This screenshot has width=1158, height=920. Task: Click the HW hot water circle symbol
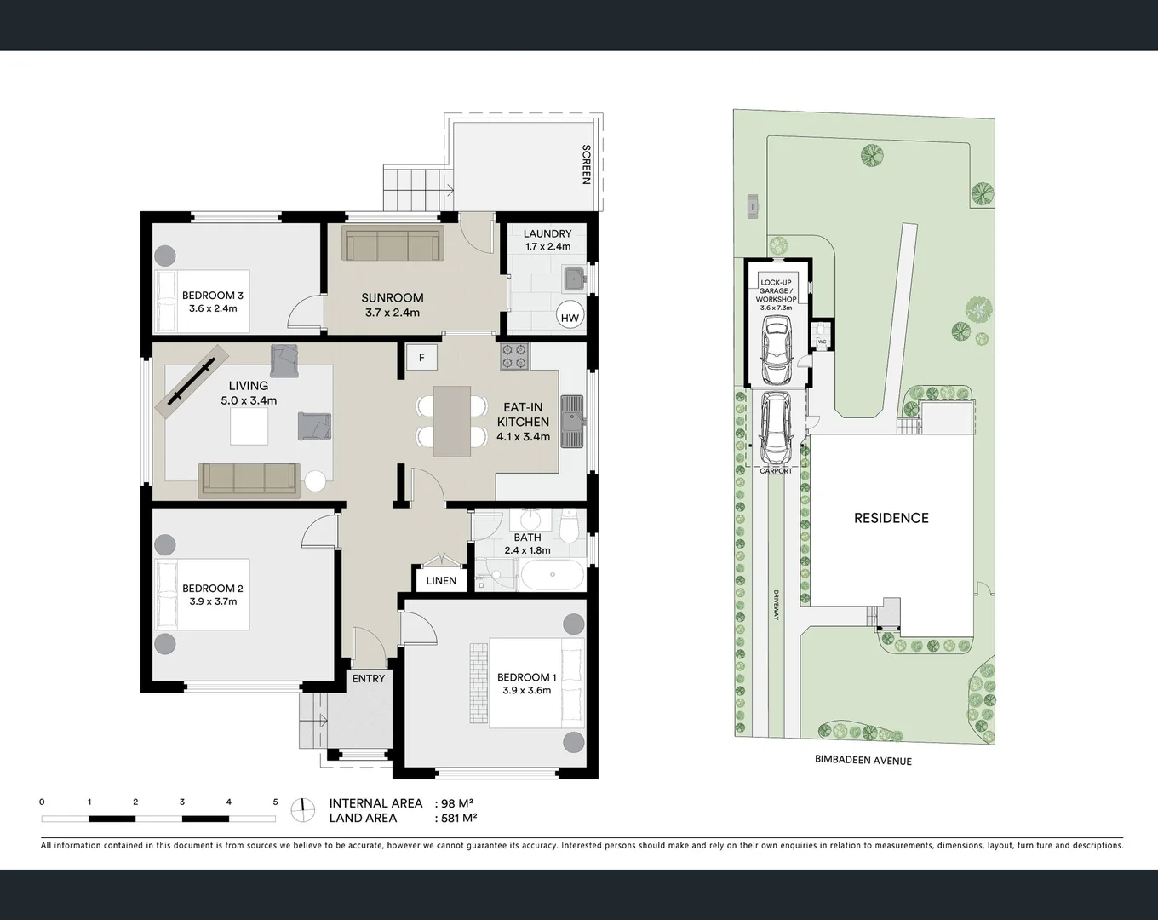coord(570,318)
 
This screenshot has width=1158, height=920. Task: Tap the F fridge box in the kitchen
coord(421,358)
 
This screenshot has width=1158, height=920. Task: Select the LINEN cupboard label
coord(441,581)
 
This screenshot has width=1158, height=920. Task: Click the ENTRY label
coord(369,679)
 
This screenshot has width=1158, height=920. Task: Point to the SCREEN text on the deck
coord(586,164)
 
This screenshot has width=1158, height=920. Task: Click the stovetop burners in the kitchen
coord(514,356)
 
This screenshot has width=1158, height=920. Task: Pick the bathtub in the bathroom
coord(552,575)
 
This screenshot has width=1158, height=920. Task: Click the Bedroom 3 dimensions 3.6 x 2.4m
coord(213,308)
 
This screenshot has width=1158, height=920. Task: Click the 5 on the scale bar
coord(275,802)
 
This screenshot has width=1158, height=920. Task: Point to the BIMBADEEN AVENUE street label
coord(863,760)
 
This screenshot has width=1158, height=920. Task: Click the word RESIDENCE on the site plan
coord(891,518)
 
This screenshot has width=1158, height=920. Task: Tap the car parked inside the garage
coord(776,350)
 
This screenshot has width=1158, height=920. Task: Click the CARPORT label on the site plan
coord(776,471)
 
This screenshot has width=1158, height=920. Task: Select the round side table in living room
coord(315,480)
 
